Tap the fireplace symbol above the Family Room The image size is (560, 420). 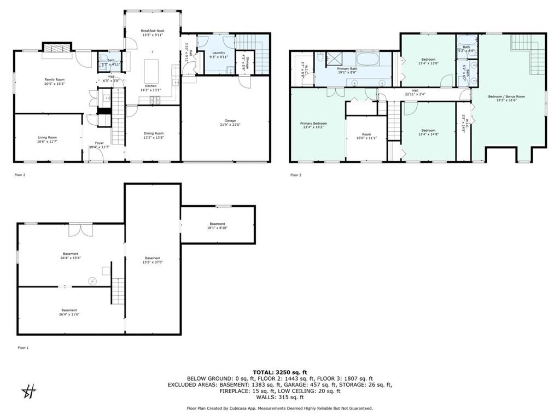click(x=57, y=48)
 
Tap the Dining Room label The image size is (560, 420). click(x=153, y=133)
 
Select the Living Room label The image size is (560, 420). click(x=47, y=137)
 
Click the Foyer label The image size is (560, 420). click(x=99, y=143)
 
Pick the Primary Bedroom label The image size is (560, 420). click(x=313, y=124)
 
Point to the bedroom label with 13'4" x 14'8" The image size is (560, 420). click(x=428, y=130)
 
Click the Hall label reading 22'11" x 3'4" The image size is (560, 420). click(x=415, y=90)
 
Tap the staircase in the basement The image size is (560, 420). click(x=118, y=290)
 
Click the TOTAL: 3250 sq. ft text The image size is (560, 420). click(x=279, y=372)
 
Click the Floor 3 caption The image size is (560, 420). click(x=295, y=175)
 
